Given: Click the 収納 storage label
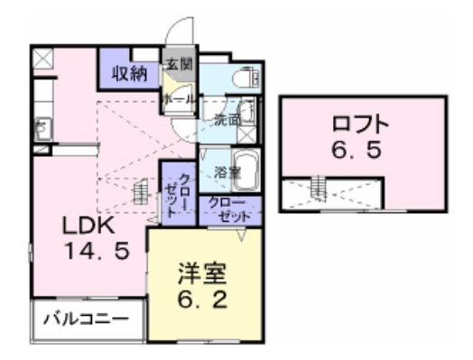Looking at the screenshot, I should click(x=130, y=73).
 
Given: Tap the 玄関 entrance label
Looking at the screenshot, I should click(x=175, y=65).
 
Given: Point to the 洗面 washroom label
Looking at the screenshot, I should click(x=226, y=117).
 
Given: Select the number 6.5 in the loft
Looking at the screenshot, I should click(x=361, y=151).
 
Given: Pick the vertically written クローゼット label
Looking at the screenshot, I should click(x=173, y=192).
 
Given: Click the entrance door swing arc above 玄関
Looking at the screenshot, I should click(x=181, y=31).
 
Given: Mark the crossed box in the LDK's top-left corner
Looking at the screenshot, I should click(x=43, y=60).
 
